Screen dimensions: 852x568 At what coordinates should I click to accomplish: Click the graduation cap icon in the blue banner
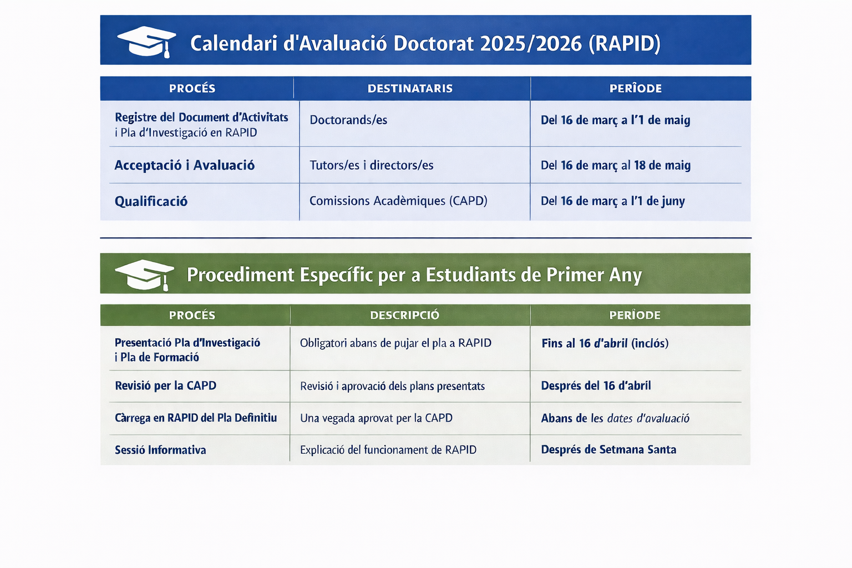pyautogui.click(x=146, y=42)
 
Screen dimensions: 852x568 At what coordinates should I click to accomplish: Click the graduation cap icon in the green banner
pyautogui.click(x=145, y=275)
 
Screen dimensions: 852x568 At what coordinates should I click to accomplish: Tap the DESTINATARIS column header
pyautogui.click(x=410, y=89)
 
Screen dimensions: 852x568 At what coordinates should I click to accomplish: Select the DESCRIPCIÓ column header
pyautogui.click(x=405, y=315)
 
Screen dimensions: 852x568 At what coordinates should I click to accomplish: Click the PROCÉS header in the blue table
pyautogui.click(x=192, y=88)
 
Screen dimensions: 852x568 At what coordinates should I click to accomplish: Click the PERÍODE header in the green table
pyautogui.click(x=635, y=315)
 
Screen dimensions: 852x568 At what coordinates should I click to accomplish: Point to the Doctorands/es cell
pyautogui.click(x=348, y=120)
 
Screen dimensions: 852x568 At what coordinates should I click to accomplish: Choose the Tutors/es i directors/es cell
pyautogui.click(x=371, y=165)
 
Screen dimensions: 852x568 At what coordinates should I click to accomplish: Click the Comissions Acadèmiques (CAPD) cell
pyautogui.click(x=398, y=201)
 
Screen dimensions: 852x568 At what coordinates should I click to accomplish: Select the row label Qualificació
pyautogui.click(x=151, y=201)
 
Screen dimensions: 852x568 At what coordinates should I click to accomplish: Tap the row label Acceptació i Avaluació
pyautogui.click(x=185, y=165)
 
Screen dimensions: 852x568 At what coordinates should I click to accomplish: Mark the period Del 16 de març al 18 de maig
pyautogui.click(x=615, y=165)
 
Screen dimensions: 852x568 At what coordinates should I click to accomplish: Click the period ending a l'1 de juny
pyautogui.click(x=613, y=201)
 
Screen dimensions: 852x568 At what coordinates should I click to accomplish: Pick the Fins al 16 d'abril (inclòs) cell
pyautogui.click(x=605, y=343)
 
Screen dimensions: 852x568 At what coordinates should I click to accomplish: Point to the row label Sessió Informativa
pyautogui.click(x=160, y=450)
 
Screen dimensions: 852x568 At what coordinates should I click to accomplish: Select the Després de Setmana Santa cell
pyautogui.click(x=608, y=450)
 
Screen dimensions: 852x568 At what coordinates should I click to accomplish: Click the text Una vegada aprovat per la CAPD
pyautogui.click(x=376, y=418)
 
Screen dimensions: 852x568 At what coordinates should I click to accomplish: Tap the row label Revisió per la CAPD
pyautogui.click(x=165, y=386)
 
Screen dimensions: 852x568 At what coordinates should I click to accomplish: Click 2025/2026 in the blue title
pyautogui.click(x=531, y=44)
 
